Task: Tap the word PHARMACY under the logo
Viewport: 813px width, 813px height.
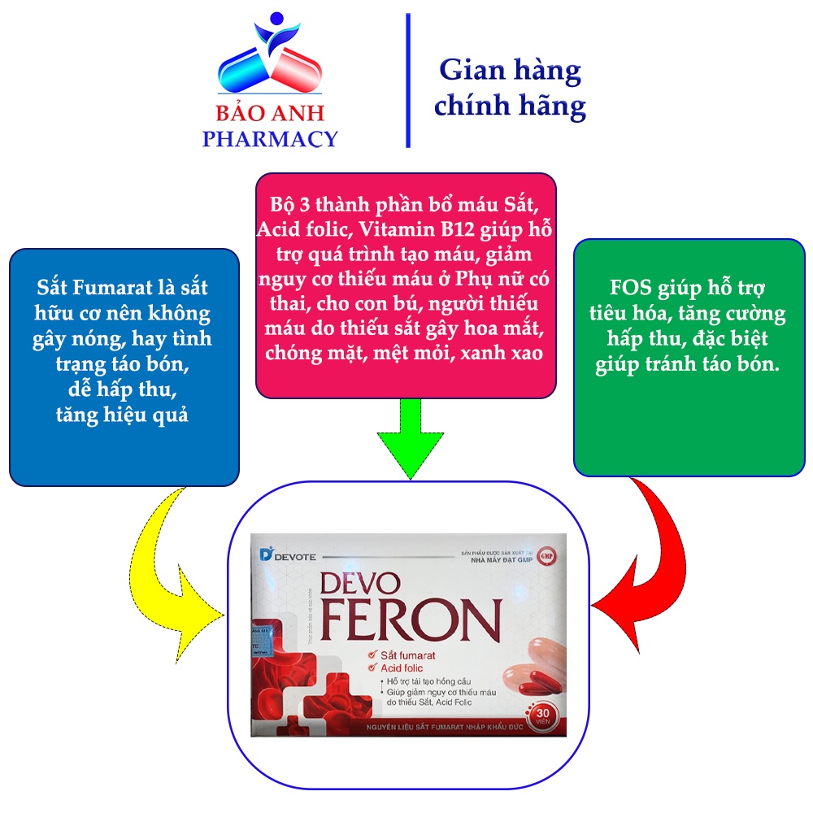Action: [x=269, y=138]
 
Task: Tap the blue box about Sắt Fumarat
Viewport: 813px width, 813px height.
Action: [x=124, y=366]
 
